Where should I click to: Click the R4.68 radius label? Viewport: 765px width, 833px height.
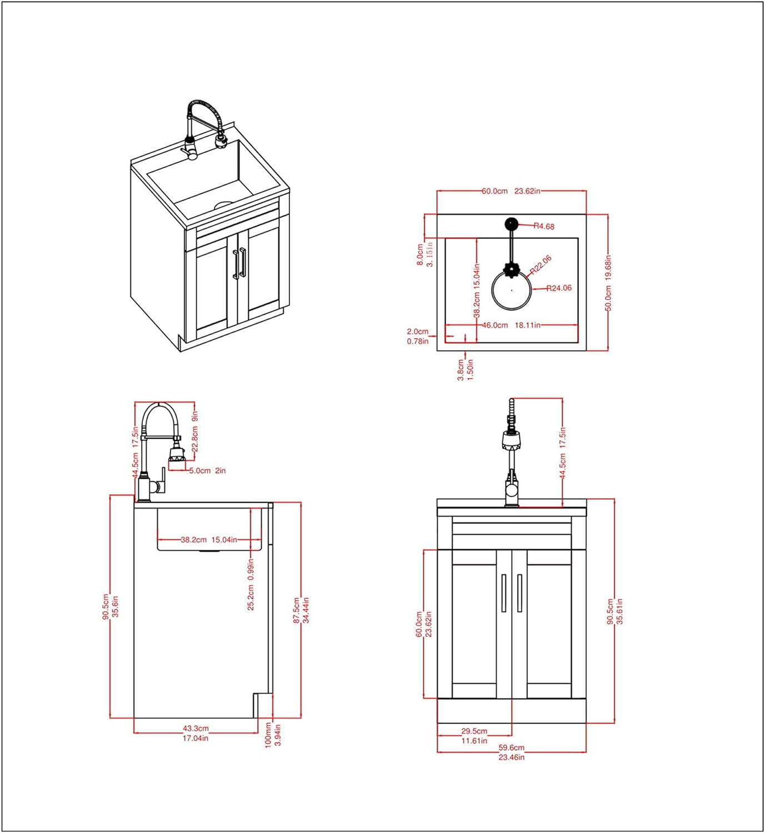(544, 226)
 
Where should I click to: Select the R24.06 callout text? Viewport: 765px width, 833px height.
(558, 288)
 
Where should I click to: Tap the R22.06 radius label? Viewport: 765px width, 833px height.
(541, 264)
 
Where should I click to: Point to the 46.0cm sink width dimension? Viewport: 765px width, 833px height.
(494, 325)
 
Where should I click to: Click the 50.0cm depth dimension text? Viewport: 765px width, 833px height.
(608, 298)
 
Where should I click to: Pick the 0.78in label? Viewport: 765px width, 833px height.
(417, 342)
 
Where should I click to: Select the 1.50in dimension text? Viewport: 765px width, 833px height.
(470, 369)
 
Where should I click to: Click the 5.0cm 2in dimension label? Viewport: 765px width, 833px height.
(207, 470)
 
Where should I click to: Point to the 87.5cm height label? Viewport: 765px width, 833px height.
(297, 610)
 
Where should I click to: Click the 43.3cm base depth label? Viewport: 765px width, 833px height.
(196, 728)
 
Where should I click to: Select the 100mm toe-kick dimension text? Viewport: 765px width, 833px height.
(268, 735)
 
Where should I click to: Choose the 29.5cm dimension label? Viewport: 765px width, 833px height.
(474, 731)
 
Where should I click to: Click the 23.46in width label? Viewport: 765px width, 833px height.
(511, 757)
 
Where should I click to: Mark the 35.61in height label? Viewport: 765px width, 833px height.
(619, 611)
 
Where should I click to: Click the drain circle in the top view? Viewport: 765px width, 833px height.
(511, 290)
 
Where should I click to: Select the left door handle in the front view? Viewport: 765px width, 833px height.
(503, 593)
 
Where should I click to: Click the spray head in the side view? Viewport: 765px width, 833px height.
(176, 453)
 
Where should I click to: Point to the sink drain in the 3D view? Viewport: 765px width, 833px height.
(223, 204)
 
